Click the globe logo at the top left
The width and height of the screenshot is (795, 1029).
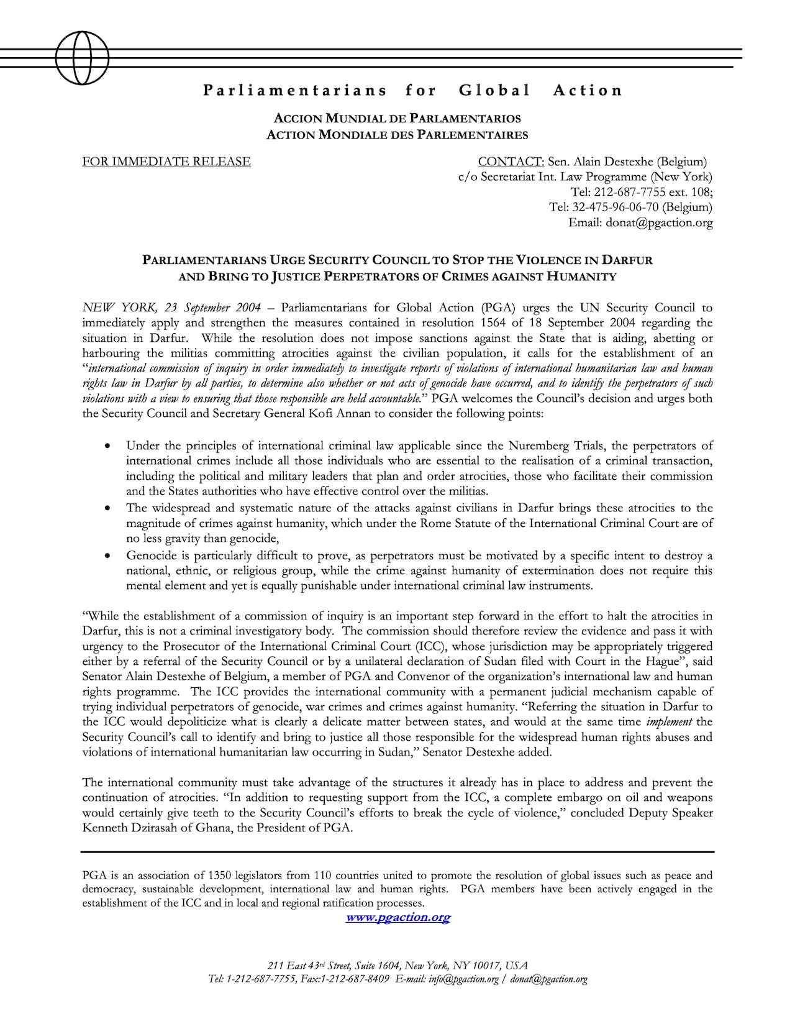[x=82, y=58]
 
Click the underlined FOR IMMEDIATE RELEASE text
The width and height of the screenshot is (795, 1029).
[x=166, y=162]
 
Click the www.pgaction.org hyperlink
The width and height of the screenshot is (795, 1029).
[x=397, y=917]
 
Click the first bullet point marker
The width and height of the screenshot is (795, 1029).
[x=109, y=446]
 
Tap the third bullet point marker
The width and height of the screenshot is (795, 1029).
[x=109, y=556]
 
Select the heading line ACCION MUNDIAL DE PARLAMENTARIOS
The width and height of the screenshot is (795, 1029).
[x=397, y=118]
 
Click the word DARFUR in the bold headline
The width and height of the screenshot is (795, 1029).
[x=628, y=260]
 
